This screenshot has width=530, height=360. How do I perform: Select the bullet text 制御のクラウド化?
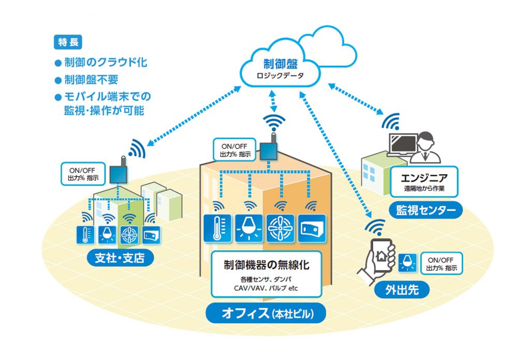coord(106,63)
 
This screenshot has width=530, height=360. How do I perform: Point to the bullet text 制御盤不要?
coord(91,80)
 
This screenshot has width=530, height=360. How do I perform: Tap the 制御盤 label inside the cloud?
coord(282,64)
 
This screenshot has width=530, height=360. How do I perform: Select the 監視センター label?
coord(426,210)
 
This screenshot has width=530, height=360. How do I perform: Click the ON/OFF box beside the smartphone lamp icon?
coord(441,264)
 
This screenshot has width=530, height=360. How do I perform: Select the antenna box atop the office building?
coord(269,151)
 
